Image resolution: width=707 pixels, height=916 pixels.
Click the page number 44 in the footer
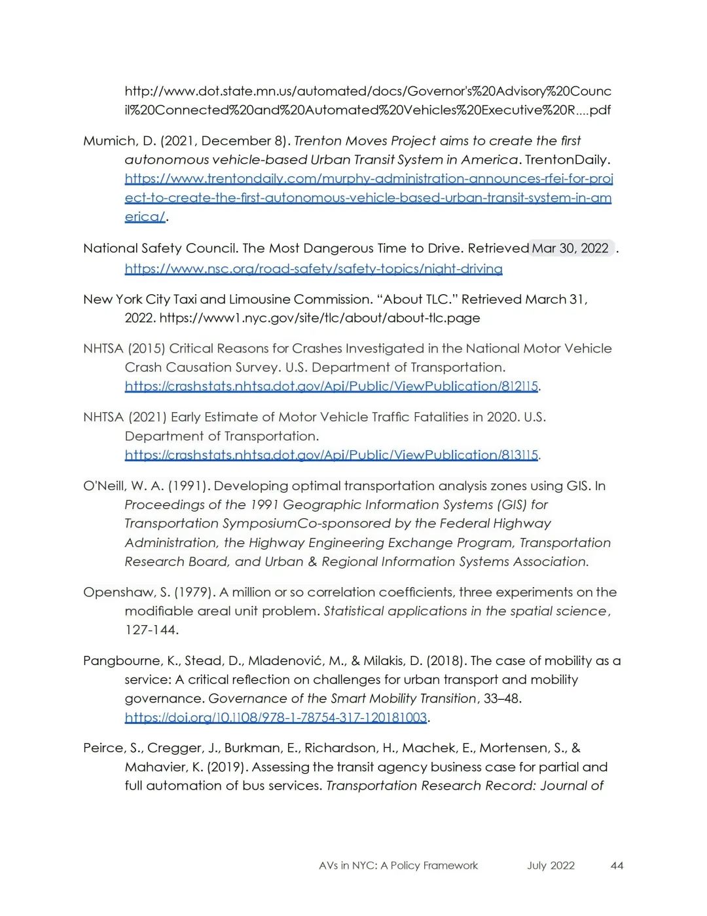617,866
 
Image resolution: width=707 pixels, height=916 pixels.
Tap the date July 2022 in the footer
551,866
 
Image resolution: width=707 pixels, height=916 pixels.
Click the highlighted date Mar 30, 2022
570,248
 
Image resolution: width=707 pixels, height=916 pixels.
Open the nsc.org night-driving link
314,269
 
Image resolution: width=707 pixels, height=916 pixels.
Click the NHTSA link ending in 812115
331,387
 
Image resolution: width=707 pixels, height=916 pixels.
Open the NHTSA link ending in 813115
331,455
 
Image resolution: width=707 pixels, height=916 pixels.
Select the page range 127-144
151,630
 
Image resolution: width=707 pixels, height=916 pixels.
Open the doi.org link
276,718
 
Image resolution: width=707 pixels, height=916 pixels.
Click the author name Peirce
105,748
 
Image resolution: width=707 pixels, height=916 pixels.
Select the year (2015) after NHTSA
146,349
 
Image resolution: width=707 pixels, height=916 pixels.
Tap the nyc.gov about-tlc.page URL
319,318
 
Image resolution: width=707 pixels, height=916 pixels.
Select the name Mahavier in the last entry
154,767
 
